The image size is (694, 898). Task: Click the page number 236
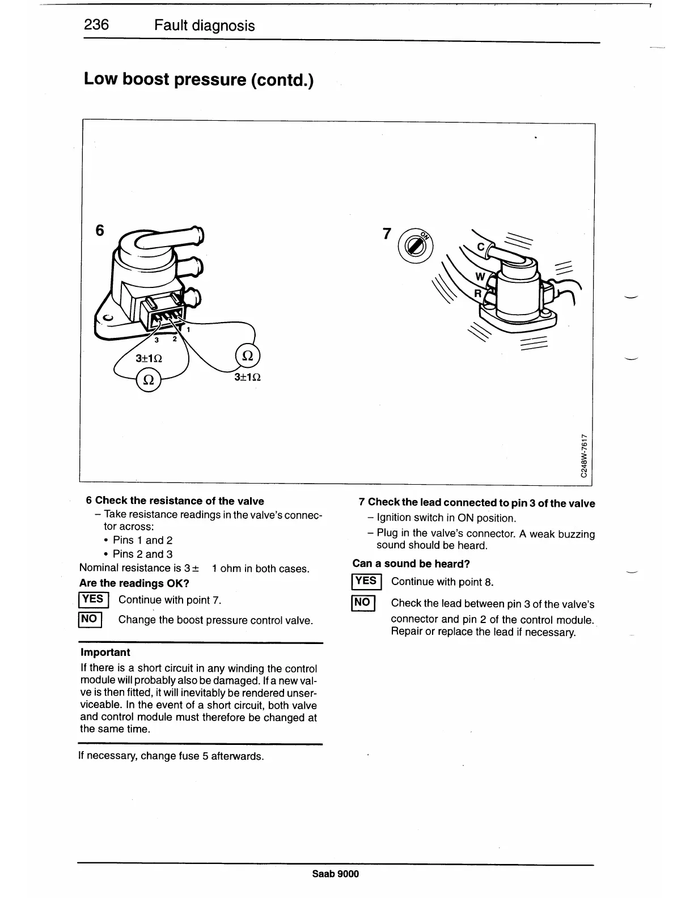96,25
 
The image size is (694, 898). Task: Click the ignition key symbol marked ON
417,245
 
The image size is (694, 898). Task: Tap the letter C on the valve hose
481,247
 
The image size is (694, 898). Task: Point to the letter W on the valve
480,277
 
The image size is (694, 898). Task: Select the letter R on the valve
477,294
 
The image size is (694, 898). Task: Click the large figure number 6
100,230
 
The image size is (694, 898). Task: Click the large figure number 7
387,234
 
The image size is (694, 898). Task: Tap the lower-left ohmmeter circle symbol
149,379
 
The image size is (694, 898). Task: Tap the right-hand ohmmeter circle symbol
247,356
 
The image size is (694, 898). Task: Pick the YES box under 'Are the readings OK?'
92,599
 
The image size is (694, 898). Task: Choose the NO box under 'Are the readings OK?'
90,619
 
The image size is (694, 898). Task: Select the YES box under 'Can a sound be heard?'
366,581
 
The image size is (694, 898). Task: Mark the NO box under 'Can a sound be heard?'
362,602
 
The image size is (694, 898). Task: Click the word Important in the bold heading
105,652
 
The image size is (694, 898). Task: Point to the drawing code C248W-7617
584,455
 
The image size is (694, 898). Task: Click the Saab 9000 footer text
336,874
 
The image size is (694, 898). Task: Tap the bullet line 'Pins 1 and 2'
142,540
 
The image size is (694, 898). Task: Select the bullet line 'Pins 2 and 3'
142,554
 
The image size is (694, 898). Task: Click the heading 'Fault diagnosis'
204,26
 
